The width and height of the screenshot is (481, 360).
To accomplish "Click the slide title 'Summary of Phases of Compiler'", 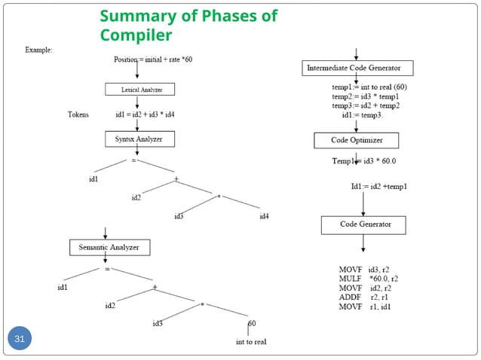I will (x=188, y=26).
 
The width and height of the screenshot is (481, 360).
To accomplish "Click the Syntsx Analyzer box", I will (x=139, y=139).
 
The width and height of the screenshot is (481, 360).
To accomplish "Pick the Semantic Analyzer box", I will (x=109, y=247).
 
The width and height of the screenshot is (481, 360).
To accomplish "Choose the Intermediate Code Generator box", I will (x=360, y=69).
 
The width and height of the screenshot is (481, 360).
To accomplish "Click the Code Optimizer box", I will (x=356, y=140).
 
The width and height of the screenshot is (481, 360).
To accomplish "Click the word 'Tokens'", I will (x=78, y=114).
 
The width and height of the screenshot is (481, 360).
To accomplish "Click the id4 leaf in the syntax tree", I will (x=264, y=217).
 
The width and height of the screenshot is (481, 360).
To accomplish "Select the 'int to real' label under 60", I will (x=250, y=342).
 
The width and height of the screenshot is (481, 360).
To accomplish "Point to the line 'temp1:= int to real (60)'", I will (x=364, y=87).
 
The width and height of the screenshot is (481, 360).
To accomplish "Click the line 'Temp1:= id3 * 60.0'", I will (x=364, y=160).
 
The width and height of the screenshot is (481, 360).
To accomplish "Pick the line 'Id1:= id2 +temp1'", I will (x=378, y=186).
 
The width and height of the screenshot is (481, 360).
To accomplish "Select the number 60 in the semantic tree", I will (x=252, y=323).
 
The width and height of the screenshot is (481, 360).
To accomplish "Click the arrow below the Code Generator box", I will (x=364, y=243).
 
